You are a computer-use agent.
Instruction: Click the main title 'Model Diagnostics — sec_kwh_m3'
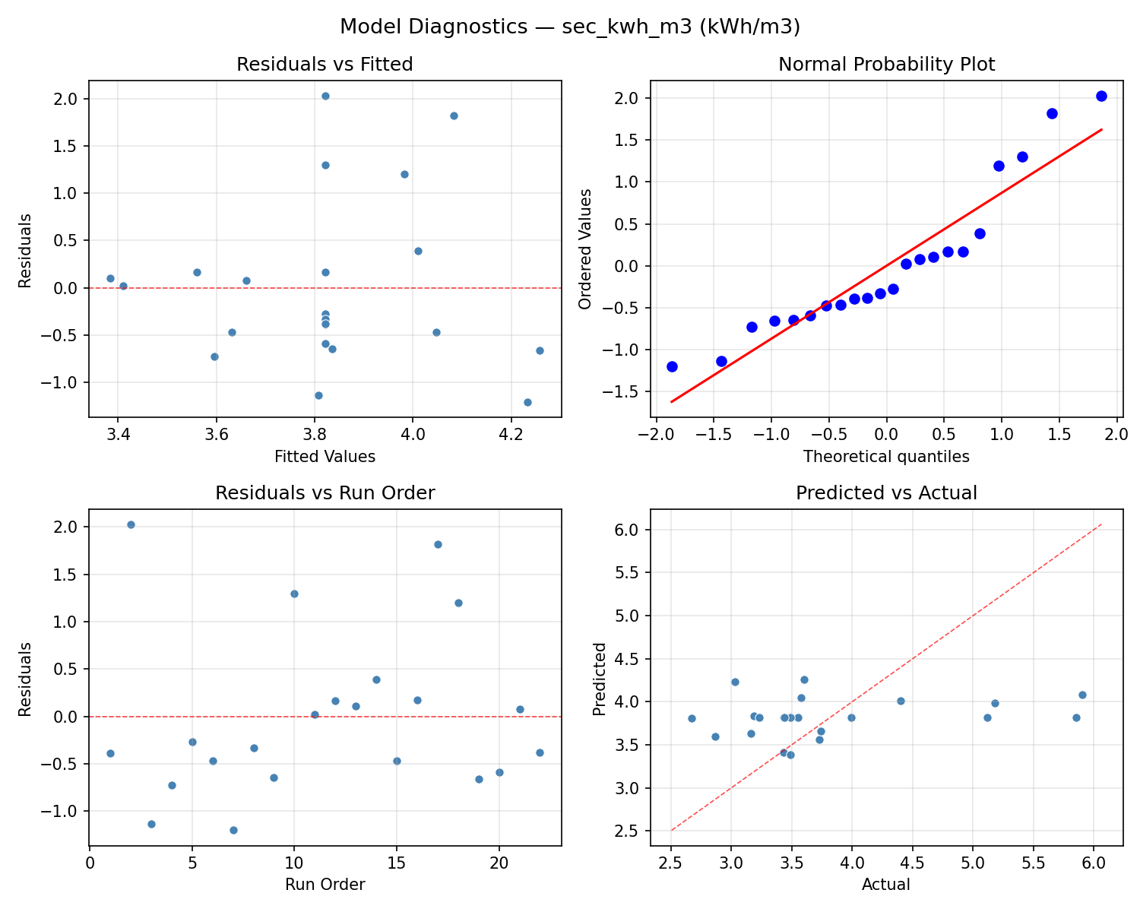569,27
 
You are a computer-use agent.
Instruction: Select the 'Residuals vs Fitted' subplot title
325,65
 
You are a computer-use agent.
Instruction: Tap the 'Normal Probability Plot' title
886,65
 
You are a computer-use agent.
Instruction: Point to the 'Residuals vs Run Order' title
325,493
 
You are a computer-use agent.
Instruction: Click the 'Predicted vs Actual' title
886,493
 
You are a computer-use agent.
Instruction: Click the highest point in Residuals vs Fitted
325,96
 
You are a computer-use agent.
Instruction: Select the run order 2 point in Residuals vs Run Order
131,524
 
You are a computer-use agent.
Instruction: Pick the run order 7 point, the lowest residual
233,830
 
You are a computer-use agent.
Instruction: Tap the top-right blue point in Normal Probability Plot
1101,96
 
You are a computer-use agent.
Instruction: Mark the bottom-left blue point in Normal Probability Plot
672,366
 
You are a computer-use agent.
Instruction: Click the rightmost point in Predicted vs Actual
1082,695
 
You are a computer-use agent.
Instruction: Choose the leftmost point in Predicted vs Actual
692,718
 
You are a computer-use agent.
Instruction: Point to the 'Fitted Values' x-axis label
325,457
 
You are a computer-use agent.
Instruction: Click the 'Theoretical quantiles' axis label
886,457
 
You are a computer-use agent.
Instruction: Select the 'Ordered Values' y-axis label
584,249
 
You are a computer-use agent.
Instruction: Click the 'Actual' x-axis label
886,885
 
